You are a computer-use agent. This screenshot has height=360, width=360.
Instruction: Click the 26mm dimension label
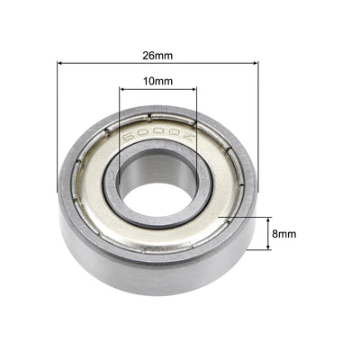point(157,54)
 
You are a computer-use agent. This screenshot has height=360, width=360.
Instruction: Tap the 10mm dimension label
point(157,81)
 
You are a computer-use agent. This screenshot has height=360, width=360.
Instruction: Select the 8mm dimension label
point(283,233)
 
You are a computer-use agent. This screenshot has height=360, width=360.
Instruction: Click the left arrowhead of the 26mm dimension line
point(61,63)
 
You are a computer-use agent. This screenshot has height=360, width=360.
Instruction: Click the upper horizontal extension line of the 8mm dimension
point(243,217)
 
